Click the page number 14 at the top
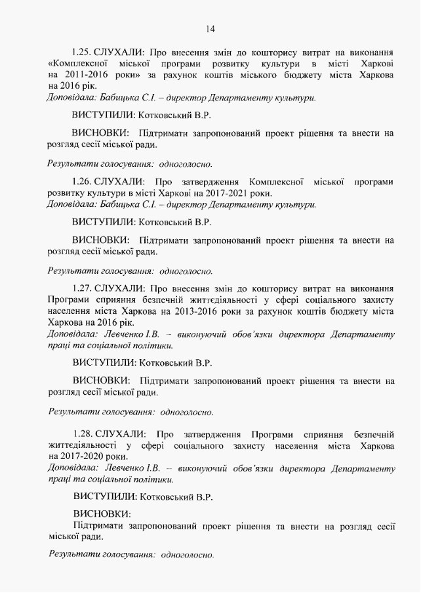click(x=210, y=28)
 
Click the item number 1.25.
click(x=82, y=51)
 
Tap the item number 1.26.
click(x=82, y=181)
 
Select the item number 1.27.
click(x=82, y=288)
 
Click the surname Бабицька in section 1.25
click(x=119, y=98)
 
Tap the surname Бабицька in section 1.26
click(x=119, y=204)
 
